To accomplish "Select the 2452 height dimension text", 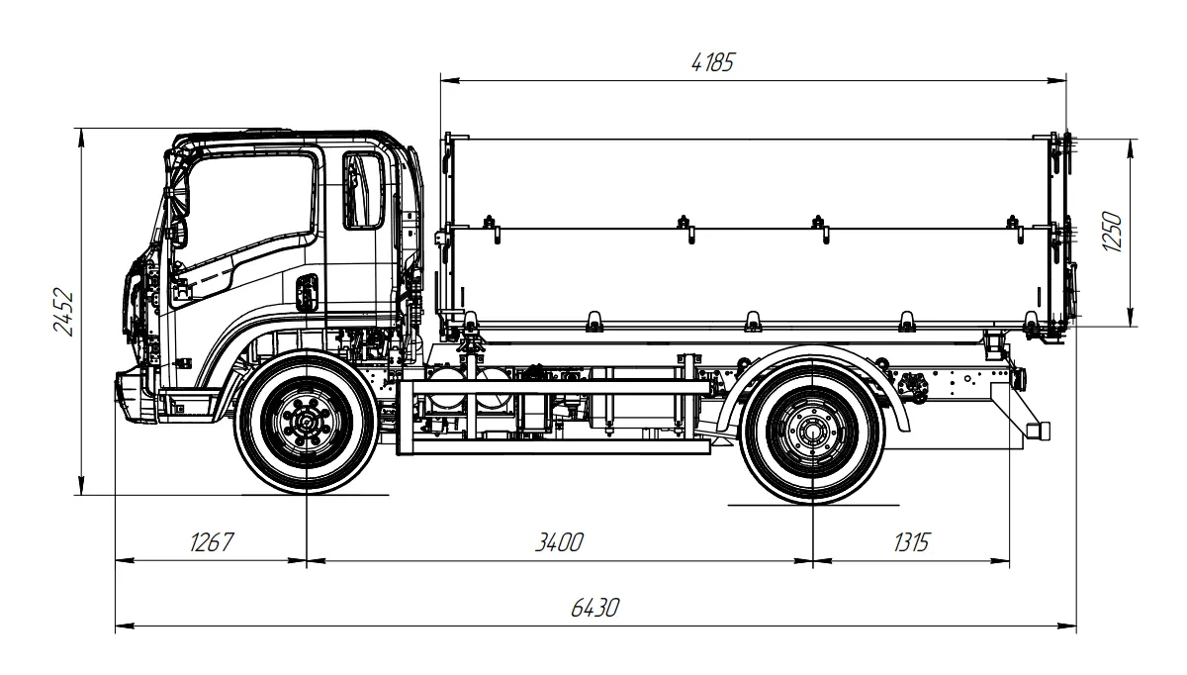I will [65, 313].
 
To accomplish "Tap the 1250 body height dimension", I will [1114, 232].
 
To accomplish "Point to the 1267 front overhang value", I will [211, 542].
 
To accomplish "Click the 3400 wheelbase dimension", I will [560, 542].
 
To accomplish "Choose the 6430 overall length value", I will [595, 608].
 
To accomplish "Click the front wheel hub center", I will [307, 425].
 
